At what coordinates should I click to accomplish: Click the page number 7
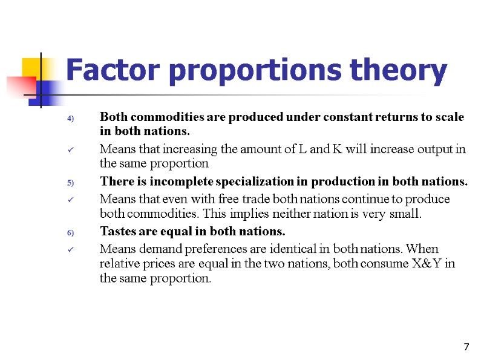466,347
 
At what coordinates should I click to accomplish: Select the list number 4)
70,118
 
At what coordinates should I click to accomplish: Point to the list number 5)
70,182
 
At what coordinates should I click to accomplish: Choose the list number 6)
70,232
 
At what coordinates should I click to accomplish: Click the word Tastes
117,232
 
